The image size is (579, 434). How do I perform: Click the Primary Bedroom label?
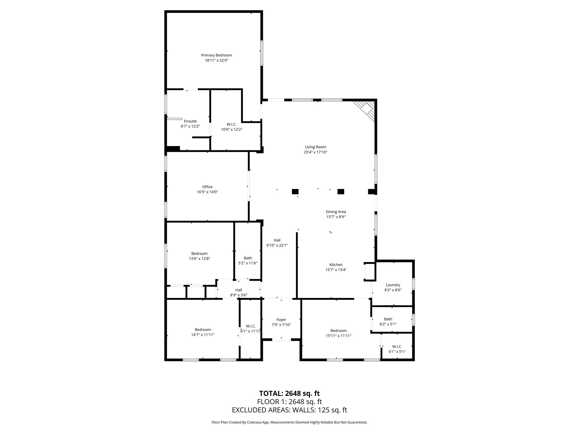[x=216, y=55]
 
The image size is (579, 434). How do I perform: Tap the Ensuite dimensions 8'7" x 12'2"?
[x=190, y=126]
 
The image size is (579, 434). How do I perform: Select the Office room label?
[x=207, y=187]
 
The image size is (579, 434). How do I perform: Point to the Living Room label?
[x=315, y=147]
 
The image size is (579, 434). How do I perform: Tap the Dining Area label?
[x=336, y=212]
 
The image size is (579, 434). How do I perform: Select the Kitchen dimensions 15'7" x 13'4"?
[x=336, y=270]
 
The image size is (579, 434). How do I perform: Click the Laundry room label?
[x=393, y=285]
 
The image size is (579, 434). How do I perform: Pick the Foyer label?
[x=281, y=320]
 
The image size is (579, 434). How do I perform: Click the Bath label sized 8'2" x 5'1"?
[x=388, y=319]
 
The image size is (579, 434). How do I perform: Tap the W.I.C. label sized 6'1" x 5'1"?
[x=397, y=346]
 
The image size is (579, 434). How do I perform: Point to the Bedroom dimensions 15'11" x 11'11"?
[x=338, y=336]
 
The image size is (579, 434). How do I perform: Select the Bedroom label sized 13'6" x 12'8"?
[x=199, y=253]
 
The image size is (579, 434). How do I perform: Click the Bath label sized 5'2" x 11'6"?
[x=248, y=258]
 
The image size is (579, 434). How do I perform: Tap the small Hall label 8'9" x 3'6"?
[x=239, y=290]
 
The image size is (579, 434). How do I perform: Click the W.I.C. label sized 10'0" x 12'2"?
[x=232, y=124]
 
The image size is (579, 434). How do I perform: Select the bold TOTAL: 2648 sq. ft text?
[x=289, y=393]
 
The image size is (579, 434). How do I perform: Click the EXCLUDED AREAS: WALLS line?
[x=289, y=410]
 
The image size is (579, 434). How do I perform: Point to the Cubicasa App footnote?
[x=289, y=422]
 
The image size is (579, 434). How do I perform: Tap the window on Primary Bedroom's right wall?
[x=262, y=53]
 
